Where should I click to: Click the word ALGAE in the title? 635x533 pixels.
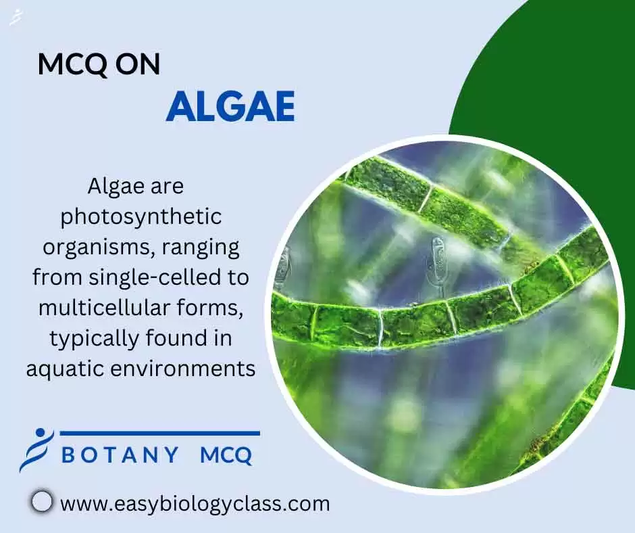point(230,106)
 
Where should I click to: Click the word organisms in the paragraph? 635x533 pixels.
point(99,247)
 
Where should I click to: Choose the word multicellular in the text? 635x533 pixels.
point(95,307)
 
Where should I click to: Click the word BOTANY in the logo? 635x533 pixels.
point(120,455)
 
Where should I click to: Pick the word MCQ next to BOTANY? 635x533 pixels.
point(226,455)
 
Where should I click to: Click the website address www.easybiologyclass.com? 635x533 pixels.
point(195,503)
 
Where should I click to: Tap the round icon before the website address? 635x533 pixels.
point(42,502)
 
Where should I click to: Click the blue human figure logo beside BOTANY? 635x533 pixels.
point(34,448)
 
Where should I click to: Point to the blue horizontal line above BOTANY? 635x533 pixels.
point(159,433)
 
